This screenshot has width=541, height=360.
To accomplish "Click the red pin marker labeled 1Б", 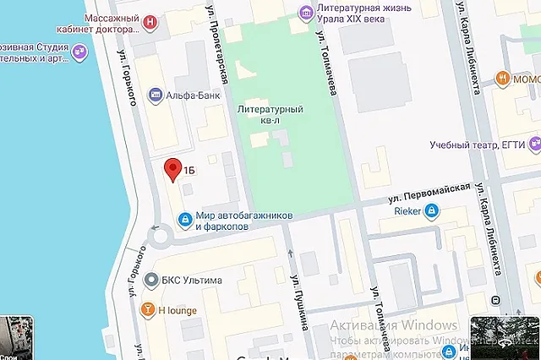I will click(x=172, y=169).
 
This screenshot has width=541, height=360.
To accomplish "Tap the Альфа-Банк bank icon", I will click(x=156, y=95).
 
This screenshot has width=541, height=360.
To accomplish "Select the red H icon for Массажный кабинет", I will click(x=150, y=21).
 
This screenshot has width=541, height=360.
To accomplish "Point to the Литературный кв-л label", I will click(x=270, y=116).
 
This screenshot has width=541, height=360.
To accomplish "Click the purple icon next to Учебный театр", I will click(x=534, y=144).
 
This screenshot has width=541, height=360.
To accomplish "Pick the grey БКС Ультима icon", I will click(x=150, y=279).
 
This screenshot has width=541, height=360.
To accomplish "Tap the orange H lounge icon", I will click(x=149, y=309).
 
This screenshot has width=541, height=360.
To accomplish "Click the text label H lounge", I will click(x=178, y=310).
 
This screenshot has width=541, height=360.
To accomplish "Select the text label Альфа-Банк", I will click(x=194, y=95).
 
